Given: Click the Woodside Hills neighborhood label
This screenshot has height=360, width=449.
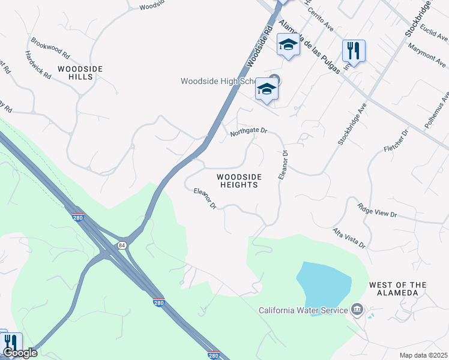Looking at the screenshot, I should point(80,73).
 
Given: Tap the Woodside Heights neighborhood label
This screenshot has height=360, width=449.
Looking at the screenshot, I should point(239,181).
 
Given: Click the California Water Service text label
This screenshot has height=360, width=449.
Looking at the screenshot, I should point(303,310).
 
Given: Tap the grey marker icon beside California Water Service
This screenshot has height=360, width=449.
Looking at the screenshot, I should point(357,310).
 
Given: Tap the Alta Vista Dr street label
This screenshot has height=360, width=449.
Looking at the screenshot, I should point(349,238).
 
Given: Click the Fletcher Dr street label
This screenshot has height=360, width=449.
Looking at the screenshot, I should point(396,139).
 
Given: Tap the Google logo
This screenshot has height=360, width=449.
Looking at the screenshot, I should point(19,353).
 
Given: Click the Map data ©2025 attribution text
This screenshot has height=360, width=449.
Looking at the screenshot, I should point(423,355).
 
